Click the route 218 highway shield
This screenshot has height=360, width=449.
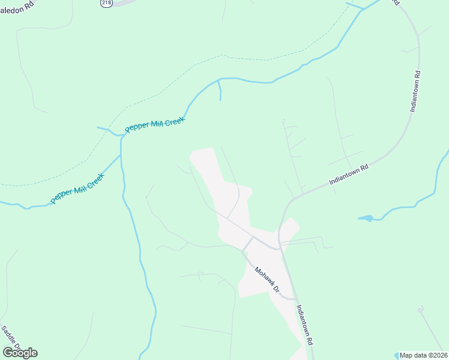coord(107,3)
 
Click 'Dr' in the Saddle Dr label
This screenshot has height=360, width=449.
coord(18,349)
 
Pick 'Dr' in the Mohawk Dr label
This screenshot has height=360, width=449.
coord(277,289)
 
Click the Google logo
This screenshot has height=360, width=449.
coord(20,353)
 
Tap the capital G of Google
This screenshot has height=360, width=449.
coord(8,353)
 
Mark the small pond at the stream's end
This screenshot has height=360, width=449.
coord(366,218)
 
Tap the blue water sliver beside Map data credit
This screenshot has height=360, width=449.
coord(397,355)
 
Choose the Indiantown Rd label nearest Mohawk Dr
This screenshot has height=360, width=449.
coord(305,324)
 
